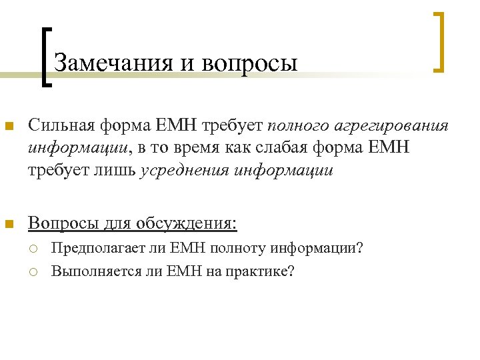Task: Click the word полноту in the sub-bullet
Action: click(239, 249)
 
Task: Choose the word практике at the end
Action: click(261, 271)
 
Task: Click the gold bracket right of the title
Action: click(441, 41)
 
